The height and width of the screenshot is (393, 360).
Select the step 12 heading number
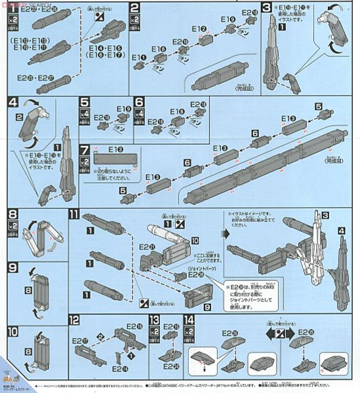click(74, 320)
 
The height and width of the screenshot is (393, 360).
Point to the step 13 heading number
click(154, 320)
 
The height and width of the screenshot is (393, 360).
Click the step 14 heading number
click(190, 320)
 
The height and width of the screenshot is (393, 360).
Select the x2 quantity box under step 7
click(83, 162)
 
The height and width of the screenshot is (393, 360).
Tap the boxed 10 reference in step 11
click(193, 240)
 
